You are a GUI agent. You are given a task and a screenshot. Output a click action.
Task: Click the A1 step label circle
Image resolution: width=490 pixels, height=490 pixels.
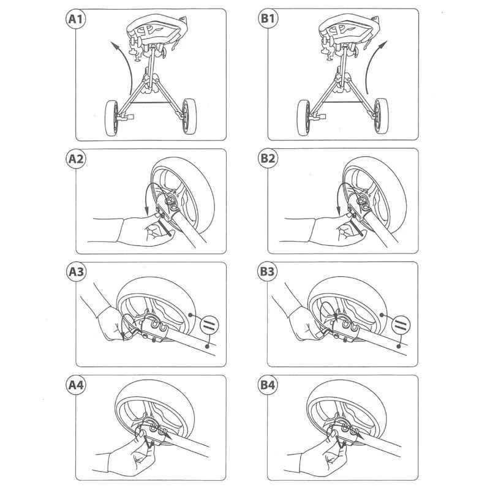coord(75,19)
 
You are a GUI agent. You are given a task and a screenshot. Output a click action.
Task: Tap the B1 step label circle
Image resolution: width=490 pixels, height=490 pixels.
coord(268,18)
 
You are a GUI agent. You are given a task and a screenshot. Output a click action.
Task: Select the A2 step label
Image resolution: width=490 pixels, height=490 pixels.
coord(76,159)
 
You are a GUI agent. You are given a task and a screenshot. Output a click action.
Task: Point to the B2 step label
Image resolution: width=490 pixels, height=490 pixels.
coord(268,158)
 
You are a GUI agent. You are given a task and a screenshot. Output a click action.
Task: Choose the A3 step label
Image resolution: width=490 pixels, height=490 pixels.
coord(76,271)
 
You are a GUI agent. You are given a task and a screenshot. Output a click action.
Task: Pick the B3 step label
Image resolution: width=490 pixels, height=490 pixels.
coord(268,271)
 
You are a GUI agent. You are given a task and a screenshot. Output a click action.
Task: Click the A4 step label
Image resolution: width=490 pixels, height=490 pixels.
coord(76,385)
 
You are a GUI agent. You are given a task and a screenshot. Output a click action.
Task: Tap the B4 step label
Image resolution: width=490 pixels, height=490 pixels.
coord(268,385)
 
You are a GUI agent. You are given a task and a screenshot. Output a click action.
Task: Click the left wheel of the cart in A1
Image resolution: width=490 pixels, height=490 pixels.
coord(111,118)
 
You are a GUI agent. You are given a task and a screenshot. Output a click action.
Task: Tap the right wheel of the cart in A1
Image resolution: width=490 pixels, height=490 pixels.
coord(189,116)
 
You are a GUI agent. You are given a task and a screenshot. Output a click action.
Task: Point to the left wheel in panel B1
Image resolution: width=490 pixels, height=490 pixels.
coord(304,118)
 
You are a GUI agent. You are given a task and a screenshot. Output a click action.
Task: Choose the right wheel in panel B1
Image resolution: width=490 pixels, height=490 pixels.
coord(381,116)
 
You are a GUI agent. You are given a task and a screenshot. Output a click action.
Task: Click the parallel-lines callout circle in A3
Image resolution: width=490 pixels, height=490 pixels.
coord(209,325)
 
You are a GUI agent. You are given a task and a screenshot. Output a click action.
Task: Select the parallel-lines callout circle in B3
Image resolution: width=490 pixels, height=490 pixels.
coord(401,325)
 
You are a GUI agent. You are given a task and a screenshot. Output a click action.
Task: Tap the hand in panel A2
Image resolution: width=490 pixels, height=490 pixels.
coord(137,230)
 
